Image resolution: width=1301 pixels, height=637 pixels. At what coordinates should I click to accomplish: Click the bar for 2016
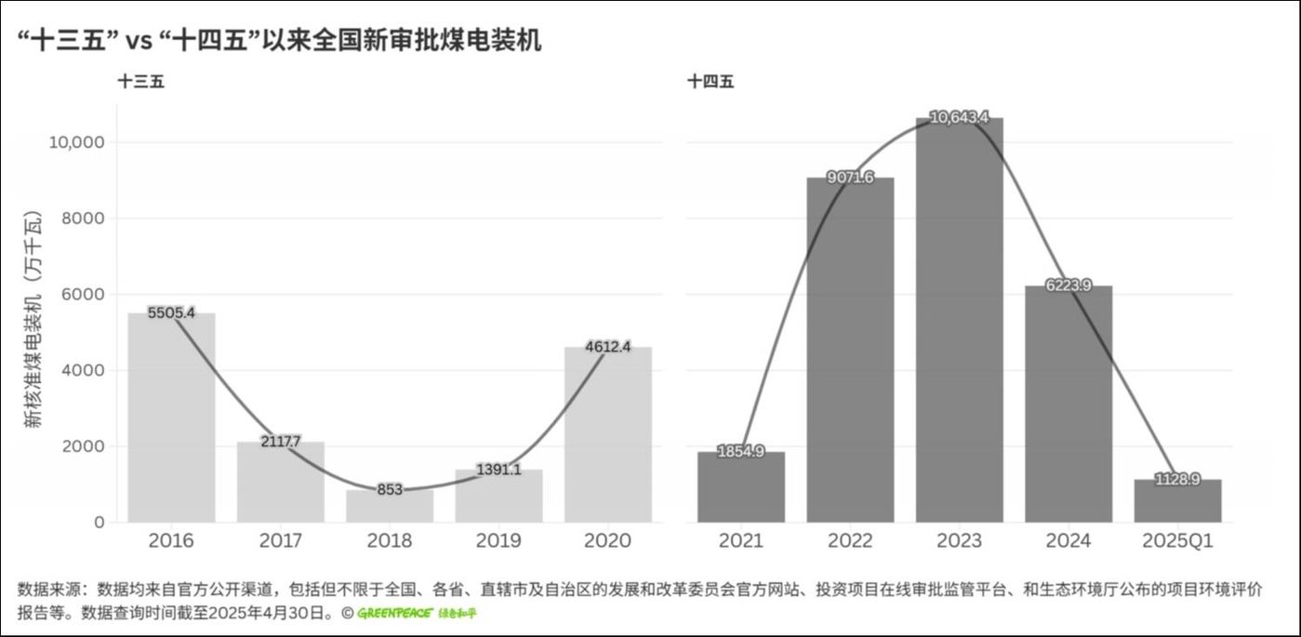click(171, 418)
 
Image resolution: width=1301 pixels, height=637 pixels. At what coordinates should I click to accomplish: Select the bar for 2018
click(390, 506)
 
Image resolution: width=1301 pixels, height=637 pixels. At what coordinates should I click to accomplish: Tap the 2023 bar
click(959, 321)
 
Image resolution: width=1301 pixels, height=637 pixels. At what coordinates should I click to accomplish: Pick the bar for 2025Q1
click(1177, 502)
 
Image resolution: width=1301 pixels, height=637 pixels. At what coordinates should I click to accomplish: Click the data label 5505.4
click(171, 312)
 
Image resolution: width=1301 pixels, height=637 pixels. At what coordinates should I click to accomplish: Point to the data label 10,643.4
click(959, 117)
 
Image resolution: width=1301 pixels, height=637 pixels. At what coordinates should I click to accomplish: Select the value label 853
click(390, 489)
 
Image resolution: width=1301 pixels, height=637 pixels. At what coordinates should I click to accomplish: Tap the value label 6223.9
click(1069, 285)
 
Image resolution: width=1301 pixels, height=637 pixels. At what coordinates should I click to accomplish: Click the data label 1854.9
click(741, 452)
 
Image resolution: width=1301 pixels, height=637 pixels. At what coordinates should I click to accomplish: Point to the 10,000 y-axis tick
click(75, 142)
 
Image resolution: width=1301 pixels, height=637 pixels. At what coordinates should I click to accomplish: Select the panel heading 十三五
click(140, 82)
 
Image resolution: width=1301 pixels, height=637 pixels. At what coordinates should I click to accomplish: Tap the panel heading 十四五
click(710, 82)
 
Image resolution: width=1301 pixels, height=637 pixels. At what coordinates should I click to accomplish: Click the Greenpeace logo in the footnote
click(417, 614)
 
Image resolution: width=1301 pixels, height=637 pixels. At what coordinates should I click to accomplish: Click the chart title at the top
click(279, 41)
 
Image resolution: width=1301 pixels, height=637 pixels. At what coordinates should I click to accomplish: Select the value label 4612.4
click(608, 347)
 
